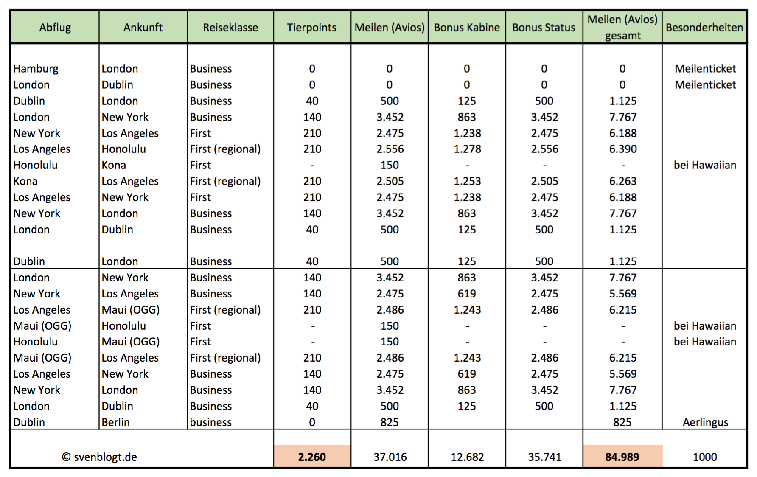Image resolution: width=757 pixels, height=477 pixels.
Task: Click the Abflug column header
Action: coord(55,28)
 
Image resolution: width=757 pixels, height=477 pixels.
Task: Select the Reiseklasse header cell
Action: coord(230,28)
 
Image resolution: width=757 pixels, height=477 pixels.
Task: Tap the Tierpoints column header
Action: coord(311,28)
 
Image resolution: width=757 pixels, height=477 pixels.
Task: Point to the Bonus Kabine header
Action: coord(467,28)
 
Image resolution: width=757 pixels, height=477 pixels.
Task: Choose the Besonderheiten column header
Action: coord(704,28)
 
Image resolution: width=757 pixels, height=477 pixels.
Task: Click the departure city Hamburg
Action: coord(36,69)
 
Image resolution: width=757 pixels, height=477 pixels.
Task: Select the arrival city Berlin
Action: coord(116,422)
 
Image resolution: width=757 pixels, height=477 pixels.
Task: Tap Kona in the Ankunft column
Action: coord(114,165)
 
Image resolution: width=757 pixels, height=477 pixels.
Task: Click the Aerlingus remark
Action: coord(705,422)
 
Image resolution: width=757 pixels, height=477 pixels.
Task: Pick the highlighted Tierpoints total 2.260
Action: coord(312,457)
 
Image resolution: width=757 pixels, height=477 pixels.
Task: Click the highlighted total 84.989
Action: coord(622,457)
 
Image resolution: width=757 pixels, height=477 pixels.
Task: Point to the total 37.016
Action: coord(390,457)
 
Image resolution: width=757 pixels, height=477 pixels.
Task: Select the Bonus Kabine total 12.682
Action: coord(467,457)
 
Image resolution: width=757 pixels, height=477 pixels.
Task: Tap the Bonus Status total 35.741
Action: coord(544,457)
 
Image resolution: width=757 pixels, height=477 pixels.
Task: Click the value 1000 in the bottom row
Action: coord(705,457)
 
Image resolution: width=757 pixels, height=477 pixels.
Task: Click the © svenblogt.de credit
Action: coord(100,457)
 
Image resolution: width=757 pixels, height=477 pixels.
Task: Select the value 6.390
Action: coord(623,149)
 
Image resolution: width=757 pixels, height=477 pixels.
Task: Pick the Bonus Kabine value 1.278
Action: coord(467,149)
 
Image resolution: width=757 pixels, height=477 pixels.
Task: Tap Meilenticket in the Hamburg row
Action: coord(705,69)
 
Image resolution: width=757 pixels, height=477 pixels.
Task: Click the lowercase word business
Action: coord(211,422)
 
